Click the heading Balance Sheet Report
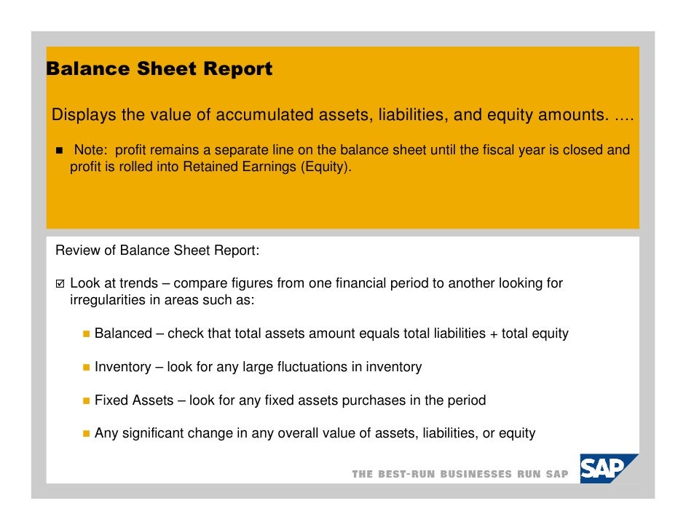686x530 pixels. pos(159,70)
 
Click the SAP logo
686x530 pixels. pos(608,469)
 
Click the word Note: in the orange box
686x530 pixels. pos(92,151)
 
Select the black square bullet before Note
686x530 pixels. pos(59,151)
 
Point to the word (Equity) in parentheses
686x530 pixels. pos(326,167)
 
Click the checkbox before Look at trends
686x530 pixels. pos(60,283)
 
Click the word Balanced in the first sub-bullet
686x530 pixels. pos(123,333)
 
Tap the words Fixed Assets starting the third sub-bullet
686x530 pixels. pos(134,400)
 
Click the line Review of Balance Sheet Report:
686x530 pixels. pos(157,251)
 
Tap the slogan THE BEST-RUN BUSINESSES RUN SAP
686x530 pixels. pos(460,474)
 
